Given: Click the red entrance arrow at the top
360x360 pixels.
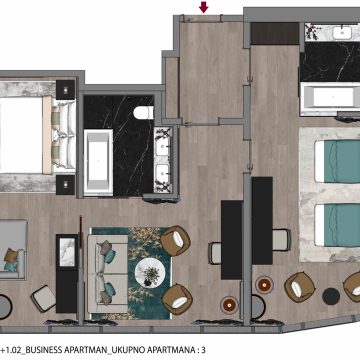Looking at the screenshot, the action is [203, 7].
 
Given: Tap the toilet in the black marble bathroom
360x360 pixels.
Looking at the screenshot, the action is [144, 113].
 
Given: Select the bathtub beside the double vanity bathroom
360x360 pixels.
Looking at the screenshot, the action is [98, 162].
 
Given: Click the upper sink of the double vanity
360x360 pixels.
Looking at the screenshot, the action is [163, 147].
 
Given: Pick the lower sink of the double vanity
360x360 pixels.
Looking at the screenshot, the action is [163, 173].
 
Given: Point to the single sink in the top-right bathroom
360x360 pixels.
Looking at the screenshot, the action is [342, 33].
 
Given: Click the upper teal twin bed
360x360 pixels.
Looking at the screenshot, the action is [337, 162].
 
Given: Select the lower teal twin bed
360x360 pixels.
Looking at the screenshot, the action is [337, 226].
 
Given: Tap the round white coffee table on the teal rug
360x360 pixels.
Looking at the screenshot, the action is [150, 273].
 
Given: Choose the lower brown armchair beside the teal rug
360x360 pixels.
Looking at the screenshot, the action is [177, 299].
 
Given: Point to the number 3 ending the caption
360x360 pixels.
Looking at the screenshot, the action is [203, 350].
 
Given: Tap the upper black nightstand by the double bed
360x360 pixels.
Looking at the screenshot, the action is [66, 90].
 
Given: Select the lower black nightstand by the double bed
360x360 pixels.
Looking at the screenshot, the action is [66, 185].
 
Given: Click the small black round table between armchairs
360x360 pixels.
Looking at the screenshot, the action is [331, 296].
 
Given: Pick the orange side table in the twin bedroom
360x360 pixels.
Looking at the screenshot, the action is [264, 285].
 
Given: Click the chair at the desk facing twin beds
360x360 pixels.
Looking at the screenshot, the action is [281, 240].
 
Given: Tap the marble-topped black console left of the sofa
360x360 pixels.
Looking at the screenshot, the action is [67, 273].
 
